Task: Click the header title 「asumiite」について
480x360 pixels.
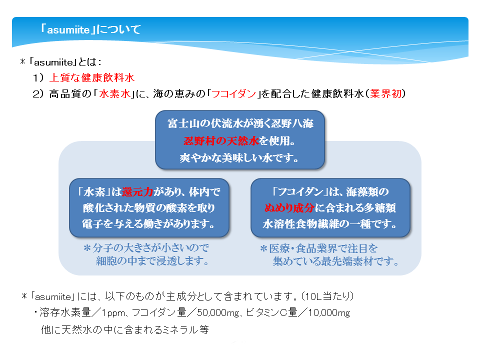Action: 90,29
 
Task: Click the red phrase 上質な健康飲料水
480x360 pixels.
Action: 92,78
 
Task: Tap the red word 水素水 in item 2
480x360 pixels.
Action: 115,93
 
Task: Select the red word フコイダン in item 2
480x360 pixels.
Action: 233,93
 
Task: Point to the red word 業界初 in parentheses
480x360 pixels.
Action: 385,93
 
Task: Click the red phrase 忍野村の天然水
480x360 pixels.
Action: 221,141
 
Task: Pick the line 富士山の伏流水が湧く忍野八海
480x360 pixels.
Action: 240,123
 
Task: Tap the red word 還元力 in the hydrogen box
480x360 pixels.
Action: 137,192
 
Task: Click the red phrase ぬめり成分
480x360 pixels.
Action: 289,208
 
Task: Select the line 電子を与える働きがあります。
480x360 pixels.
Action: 148,224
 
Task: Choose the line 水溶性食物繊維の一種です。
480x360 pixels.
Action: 329,224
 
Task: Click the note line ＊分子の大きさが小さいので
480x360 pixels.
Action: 146,248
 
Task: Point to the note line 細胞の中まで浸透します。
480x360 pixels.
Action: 152,261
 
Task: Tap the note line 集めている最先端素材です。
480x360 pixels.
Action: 336,261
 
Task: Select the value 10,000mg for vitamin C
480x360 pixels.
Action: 329,313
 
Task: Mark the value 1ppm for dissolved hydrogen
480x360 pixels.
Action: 113,313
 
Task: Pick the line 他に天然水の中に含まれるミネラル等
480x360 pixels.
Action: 125,329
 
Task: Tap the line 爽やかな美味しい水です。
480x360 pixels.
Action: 239,158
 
